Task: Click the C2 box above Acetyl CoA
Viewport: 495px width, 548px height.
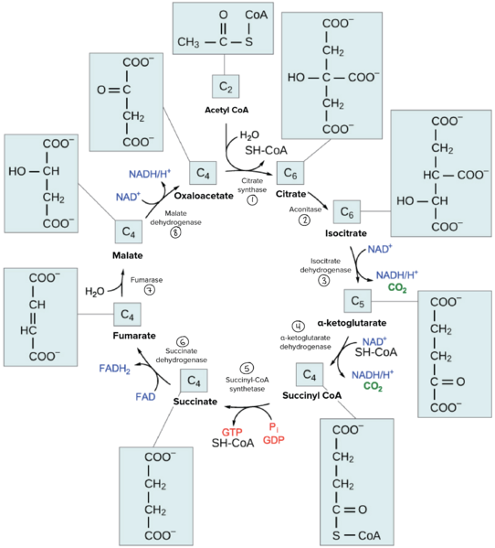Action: pos(225,87)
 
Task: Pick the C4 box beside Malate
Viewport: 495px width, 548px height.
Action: pos(129,232)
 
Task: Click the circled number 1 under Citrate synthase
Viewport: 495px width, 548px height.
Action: pos(252,201)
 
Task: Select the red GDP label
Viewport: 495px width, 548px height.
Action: pos(274,440)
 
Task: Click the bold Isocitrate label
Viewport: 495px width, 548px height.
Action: pos(346,233)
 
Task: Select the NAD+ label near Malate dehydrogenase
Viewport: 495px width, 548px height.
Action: pos(128,197)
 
